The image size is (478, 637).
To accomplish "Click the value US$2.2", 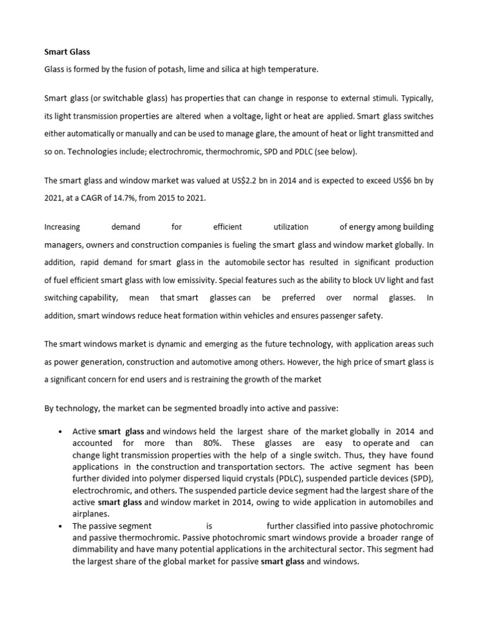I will tap(213, 181).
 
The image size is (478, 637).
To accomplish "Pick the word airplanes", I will tap(91, 514).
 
